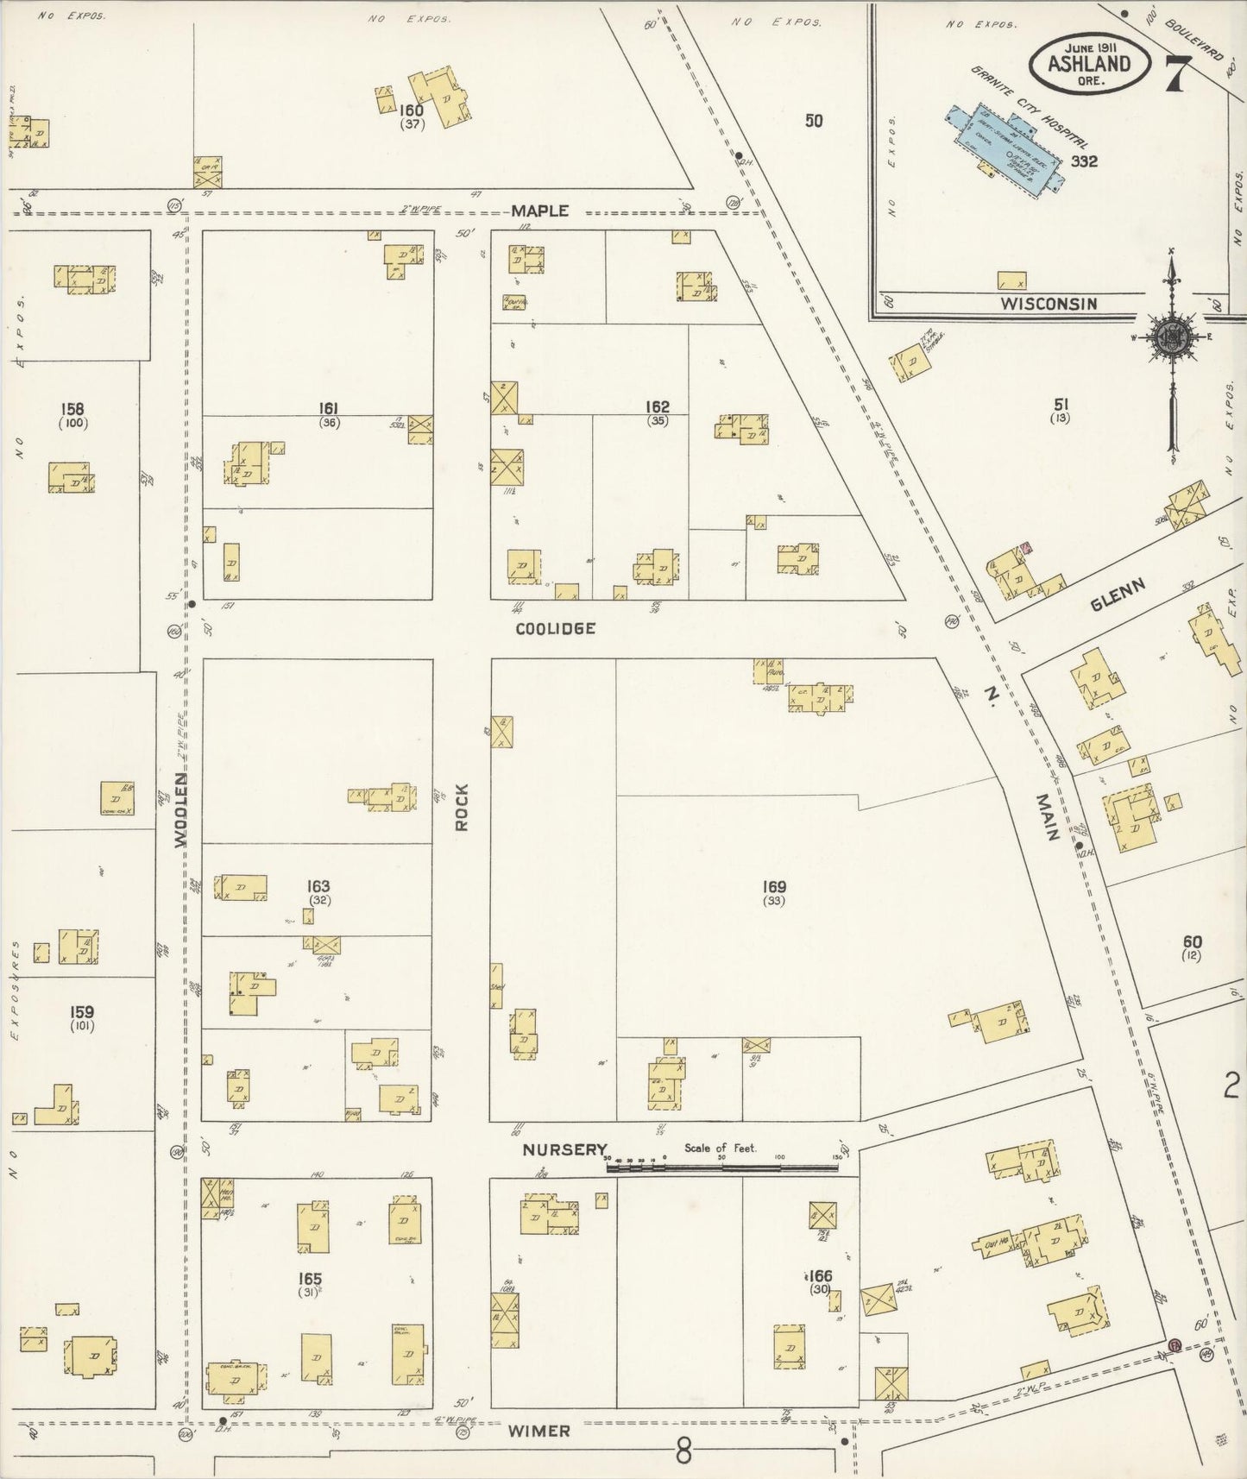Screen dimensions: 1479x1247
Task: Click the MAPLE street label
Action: [x=539, y=211]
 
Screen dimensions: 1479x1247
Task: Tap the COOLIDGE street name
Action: [x=555, y=628]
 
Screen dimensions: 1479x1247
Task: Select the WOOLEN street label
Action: [x=181, y=809]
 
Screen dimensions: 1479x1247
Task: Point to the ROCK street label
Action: [x=462, y=807]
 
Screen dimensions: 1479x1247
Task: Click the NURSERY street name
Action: [x=564, y=1149]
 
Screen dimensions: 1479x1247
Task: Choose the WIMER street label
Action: [x=538, y=1431]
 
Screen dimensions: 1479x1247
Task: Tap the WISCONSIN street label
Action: [x=1049, y=304]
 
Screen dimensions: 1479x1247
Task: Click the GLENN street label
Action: [x=1118, y=595]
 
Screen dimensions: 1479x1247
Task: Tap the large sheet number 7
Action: [x=1176, y=73]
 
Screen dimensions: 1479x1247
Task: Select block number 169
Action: [x=773, y=886]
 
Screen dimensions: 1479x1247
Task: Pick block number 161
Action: [x=328, y=408]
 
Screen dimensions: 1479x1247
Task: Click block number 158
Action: [x=72, y=408]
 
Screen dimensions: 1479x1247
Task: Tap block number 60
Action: [x=1193, y=941]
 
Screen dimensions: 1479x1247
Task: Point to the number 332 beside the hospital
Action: [x=1084, y=160]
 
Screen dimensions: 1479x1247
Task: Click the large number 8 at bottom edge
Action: [x=683, y=1452]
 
